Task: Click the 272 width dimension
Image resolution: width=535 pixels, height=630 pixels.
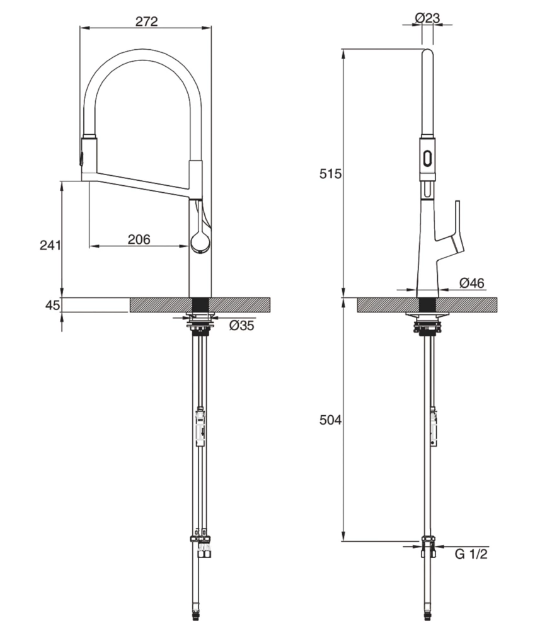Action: [x=146, y=21]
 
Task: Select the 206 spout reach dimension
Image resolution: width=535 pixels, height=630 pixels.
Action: [x=139, y=239]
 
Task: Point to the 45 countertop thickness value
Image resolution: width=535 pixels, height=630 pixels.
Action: [x=52, y=306]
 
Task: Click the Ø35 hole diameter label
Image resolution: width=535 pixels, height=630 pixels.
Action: [x=242, y=326]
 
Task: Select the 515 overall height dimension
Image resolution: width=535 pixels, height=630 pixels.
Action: [x=330, y=174]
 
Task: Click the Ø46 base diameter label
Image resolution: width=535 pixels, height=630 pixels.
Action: [x=471, y=283]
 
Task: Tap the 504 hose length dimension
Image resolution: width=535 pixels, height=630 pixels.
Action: [x=330, y=420]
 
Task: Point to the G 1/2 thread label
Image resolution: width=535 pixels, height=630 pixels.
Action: [x=471, y=554]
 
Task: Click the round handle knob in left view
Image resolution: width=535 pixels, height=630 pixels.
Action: [x=200, y=242]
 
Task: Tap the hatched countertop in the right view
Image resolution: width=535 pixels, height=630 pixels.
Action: [x=466, y=305]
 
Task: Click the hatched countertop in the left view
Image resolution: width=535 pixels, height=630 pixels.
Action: [x=239, y=305]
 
